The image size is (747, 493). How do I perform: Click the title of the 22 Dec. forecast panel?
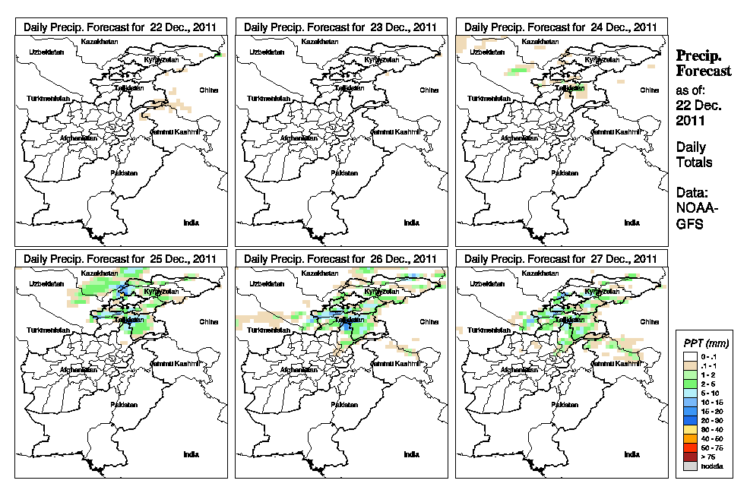(120, 27)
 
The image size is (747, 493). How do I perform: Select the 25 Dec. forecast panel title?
(120, 258)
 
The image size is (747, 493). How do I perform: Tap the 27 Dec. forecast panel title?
(561, 258)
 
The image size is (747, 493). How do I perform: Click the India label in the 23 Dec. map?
(411, 223)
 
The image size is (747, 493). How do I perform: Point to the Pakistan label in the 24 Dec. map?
(565, 172)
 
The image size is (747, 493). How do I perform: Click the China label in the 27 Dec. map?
(649, 321)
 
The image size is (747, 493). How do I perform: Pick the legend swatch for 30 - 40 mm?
(690, 429)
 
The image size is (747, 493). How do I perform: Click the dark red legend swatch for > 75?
(690, 457)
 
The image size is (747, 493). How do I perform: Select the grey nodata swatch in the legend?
(690, 466)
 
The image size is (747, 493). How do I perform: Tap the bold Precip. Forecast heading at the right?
(703, 64)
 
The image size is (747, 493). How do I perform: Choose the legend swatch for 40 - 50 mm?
(690, 438)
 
